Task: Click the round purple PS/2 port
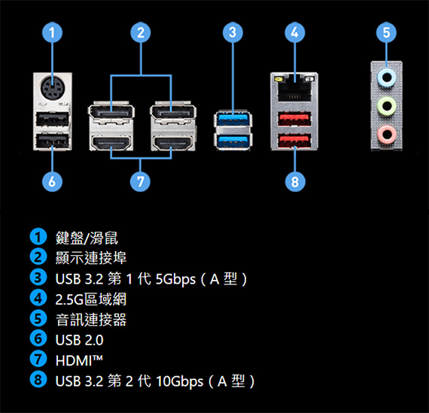53,88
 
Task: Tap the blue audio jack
386,77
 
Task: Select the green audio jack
386,106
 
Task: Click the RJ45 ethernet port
294,88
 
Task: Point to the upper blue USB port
233,118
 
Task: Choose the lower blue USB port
233,141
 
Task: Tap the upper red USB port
294,118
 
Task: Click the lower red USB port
294,141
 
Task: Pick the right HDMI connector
173,144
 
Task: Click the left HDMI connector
111,144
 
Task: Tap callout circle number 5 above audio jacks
386,32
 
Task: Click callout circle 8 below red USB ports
295,181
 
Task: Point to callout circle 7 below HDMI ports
140,181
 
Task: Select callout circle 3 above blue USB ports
233,32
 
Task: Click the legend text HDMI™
79,360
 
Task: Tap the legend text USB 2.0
79,340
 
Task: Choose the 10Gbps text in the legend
179,381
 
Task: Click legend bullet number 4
38,299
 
